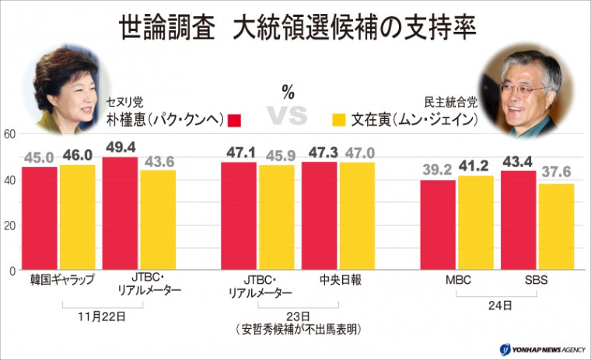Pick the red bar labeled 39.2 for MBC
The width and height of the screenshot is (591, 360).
pos(437,225)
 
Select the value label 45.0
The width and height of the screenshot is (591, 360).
pos(39,156)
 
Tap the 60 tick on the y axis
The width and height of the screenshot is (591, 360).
pos(10,134)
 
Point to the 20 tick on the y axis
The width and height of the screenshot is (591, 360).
pos(10,225)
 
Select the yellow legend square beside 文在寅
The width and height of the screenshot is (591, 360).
pos(337,120)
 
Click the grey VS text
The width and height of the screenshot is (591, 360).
pos(287,117)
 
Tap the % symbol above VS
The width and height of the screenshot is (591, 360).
pos(288,93)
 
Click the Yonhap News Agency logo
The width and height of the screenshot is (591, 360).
pos(537,349)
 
